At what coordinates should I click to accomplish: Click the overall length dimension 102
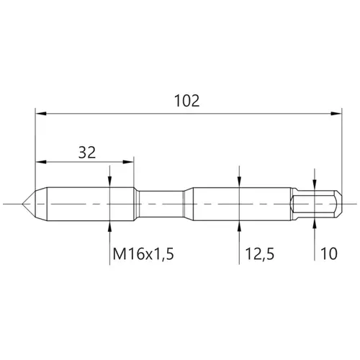(x=186, y=101)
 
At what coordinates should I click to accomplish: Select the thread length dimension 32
(x=87, y=153)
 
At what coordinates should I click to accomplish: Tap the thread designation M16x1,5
(x=143, y=254)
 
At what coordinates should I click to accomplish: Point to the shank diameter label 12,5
(x=259, y=254)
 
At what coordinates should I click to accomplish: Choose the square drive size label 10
(x=329, y=253)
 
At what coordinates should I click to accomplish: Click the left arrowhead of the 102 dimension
(x=41, y=114)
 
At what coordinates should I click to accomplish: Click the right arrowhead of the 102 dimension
(x=336, y=114)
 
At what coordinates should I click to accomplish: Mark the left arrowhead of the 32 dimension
(x=41, y=162)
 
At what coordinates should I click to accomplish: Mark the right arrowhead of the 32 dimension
(x=128, y=162)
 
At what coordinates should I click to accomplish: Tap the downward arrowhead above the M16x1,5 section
(x=109, y=181)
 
